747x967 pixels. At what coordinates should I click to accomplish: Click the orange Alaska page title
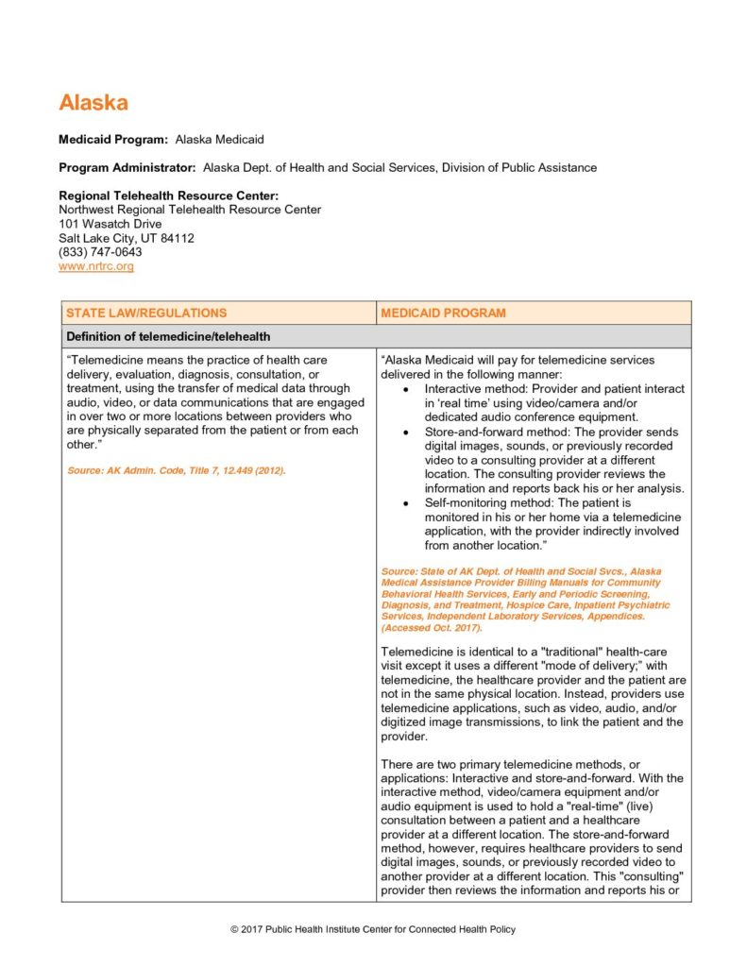tap(93, 103)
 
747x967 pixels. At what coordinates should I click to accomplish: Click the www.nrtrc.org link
tap(96, 267)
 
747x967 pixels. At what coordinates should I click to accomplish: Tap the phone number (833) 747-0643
tap(100, 252)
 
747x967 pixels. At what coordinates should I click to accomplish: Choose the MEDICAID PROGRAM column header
tap(443, 313)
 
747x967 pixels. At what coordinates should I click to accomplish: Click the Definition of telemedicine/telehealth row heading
tap(168, 336)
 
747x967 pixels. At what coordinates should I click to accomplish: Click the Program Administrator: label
tap(127, 167)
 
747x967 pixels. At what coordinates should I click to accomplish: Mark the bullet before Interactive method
tap(405, 389)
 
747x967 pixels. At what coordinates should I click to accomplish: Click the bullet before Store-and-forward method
tap(405, 432)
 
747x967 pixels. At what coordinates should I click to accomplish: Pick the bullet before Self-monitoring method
tap(405, 502)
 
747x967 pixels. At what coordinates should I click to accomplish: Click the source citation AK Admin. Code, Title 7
tap(177, 469)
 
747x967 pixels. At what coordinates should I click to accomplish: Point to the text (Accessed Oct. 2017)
tap(431, 628)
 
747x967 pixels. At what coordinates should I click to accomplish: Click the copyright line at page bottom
tap(373, 930)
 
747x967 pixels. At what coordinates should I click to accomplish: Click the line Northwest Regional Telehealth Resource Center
tap(190, 210)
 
